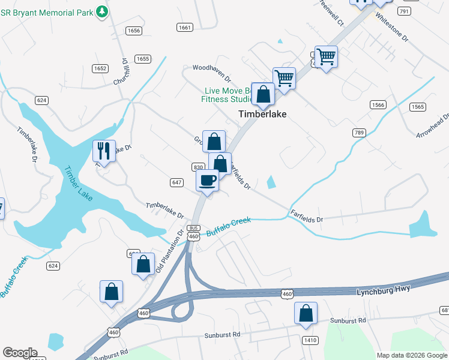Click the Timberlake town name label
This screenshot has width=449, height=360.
262,114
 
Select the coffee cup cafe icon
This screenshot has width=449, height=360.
208,180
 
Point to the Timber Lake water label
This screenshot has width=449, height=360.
77,183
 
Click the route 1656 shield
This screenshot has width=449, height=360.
134,31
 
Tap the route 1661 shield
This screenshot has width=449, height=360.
185,27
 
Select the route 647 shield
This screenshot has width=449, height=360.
176,182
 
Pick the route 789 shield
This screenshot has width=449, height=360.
359,132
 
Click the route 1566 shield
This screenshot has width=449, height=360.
378,104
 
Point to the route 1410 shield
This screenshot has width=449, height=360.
310,340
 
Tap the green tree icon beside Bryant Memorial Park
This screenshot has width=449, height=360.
102,11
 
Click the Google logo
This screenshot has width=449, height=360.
20,353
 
